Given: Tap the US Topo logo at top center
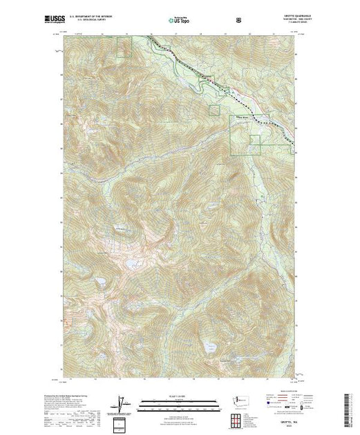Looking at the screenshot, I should [180, 21].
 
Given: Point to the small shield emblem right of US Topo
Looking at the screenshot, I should [238, 21].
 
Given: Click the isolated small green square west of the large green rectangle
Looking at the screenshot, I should [214, 109].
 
